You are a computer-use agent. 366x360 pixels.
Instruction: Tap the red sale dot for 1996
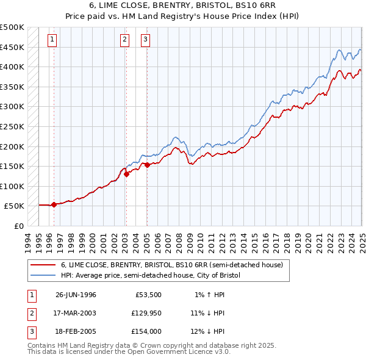[x=54, y=204]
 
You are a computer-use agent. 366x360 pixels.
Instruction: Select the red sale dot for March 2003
[x=126, y=174]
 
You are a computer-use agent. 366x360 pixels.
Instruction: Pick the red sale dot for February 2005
[x=147, y=164]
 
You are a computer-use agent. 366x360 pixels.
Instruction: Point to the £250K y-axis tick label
[x=12, y=126]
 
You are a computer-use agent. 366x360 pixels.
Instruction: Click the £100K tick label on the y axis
[x=12, y=186]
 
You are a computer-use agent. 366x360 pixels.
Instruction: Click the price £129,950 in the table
[x=146, y=313]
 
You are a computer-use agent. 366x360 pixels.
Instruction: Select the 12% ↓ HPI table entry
[x=207, y=331]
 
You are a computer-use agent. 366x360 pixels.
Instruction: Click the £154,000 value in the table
[x=146, y=331]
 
